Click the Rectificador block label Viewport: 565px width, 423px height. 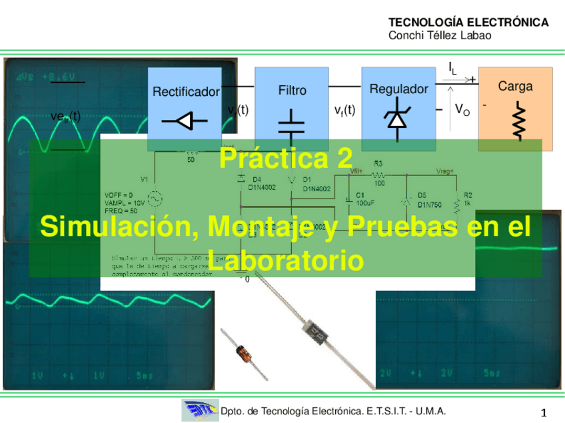[x=186, y=92]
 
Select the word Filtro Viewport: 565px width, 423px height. [x=292, y=90]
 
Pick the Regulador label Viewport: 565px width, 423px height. [x=398, y=89]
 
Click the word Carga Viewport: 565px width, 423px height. [x=515, y=87]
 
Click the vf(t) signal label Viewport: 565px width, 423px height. [x=344, y=111]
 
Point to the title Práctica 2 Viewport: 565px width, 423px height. [x=285, y=160]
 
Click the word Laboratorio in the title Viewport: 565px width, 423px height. [x=286, y=261]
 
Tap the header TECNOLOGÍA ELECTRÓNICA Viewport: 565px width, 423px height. [x=468, y=23]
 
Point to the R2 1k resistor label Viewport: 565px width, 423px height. [x=468, y=199]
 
